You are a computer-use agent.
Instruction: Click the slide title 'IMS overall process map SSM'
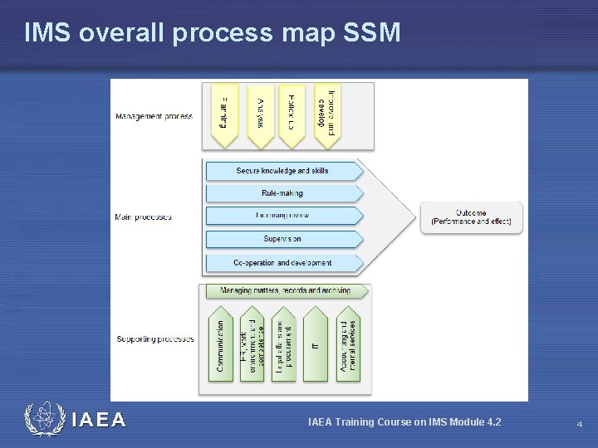212,33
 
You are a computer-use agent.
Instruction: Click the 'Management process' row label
154,116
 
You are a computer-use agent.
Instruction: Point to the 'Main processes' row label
144,217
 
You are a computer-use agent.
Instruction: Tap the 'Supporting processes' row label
155,338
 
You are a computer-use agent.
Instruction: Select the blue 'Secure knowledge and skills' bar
283,171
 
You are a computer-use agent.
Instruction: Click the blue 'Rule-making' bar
283,193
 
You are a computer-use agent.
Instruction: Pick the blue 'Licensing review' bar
283,216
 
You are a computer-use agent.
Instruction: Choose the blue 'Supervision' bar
283,239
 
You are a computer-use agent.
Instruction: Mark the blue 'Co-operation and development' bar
283,263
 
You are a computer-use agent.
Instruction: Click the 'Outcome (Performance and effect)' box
471,217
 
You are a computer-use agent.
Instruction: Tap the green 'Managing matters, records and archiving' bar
285,291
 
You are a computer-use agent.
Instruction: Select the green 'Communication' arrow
220,344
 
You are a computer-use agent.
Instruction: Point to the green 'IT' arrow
316,344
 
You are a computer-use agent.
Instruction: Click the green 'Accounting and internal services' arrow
347,344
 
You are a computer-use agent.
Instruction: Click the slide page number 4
579,424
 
